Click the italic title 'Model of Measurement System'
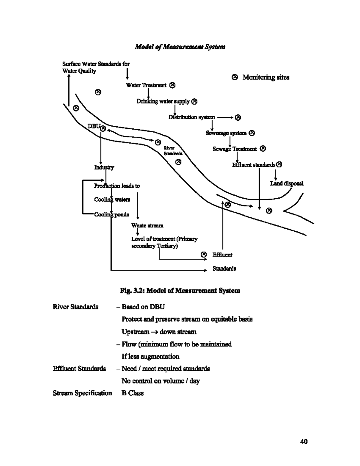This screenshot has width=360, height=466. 180,47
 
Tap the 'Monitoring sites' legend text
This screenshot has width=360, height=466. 266,77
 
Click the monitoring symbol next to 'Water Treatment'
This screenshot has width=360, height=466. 172,85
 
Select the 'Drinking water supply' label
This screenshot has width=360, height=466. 163,101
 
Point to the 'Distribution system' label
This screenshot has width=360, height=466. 191,117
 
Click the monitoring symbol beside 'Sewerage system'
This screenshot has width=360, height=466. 252,133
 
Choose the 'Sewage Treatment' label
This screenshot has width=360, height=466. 235,149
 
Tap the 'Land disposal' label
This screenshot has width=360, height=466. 286,183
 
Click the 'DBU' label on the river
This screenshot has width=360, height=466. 94,126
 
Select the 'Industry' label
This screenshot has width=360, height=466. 104,167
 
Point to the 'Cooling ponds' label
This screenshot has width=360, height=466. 112,215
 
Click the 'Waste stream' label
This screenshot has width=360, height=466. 147,225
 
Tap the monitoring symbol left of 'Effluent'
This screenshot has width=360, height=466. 204,254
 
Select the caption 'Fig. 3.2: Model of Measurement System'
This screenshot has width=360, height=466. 180,291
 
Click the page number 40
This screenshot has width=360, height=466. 304,441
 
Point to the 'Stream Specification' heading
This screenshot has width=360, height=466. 82,393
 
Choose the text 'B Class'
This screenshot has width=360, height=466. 133,393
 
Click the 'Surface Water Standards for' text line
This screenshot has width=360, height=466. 96,64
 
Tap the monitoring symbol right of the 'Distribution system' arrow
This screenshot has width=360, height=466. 238,117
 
